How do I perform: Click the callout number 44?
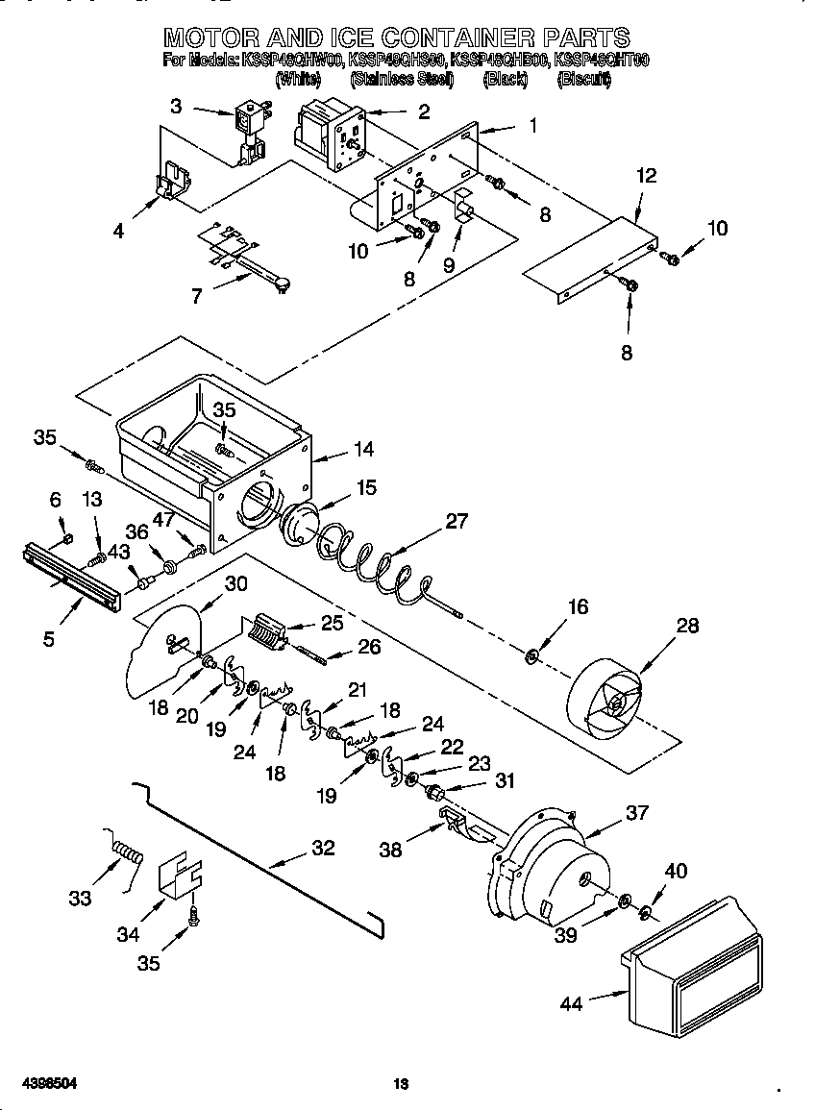point(571,1004)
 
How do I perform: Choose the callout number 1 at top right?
point(531,125)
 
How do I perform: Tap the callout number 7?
point(196,296)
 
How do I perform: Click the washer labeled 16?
point(531,657)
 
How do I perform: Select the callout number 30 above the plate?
point(235,583)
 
